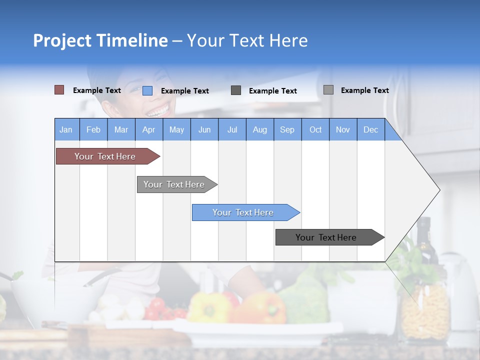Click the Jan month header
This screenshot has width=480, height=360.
click(66, 129)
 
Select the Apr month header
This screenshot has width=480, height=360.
click(148, 129)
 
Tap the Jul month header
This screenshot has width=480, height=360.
click(232, 129)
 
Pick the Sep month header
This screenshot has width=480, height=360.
click(287, 129)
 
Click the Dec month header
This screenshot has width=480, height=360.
click(370, 129)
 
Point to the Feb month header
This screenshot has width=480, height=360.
click(93, 129)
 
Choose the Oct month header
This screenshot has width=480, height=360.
click(315, 129)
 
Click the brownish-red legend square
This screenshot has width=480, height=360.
click(59, 90)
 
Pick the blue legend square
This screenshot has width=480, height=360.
click(147, 90)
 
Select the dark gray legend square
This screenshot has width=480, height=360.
click(236, 90)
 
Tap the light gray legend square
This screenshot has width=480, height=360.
click(328, 90)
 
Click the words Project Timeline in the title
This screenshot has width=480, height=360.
click(100, 40)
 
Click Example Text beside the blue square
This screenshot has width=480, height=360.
click(184, 91)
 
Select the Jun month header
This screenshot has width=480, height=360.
click(204, 129)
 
